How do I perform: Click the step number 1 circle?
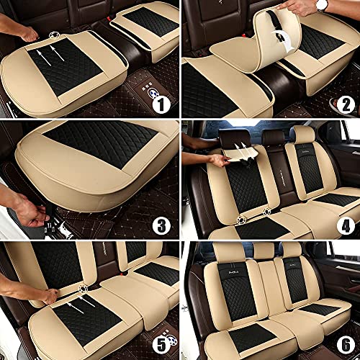click(x=161, y=105)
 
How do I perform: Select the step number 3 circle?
click(x=161, y=225)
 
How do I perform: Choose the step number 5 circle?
click(x=161, y=344)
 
